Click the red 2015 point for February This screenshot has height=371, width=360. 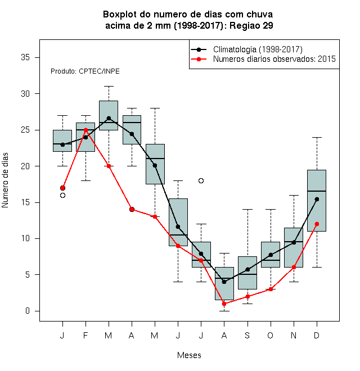tap(85, 130)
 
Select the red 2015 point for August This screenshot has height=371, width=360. tap(224, 304)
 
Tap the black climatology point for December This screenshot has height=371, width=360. tap(317, 199)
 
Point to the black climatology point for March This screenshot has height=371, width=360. tap(109, 118)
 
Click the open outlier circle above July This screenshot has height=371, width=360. tap(201, 181)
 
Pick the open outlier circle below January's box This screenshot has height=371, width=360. tap(62, 196)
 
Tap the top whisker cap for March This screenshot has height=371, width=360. tap(109, 87)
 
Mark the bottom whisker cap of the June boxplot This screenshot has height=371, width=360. tap(178, 282)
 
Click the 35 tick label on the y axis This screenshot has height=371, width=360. tap(25, 57)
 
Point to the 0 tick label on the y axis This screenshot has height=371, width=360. tap(28, 311)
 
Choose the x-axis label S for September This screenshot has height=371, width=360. tap(247, 336)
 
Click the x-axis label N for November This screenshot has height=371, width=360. tap(294, 336)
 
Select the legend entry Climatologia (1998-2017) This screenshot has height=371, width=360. tap(258, 49)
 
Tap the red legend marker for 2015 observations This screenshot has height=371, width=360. tap(199, 59)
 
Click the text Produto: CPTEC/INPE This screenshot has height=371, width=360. tap(85, 71)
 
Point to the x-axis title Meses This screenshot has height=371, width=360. tap(189, 355)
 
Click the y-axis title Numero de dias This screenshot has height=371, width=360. tap(5, 180)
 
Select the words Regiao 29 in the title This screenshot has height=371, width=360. tap(251, 25)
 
